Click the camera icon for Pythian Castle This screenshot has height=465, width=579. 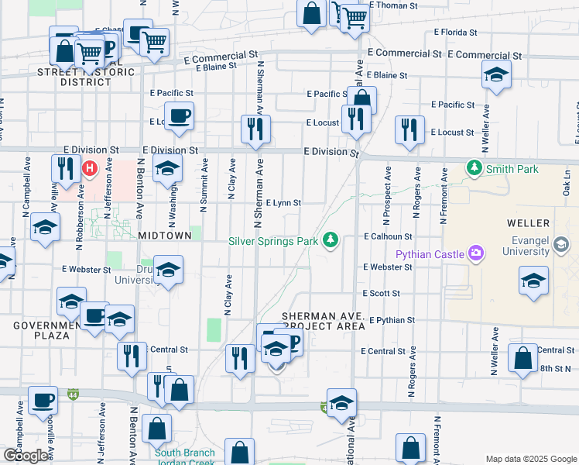click(475, 253)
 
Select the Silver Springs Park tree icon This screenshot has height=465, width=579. click(331, 240)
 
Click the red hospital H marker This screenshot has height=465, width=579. click(91, 167)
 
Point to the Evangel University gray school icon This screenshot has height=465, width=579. click(562, 246)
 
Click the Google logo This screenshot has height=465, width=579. click(26, 456)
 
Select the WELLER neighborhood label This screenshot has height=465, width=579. click(528, 223)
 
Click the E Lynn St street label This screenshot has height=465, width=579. click(283, 203)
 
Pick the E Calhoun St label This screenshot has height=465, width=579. click(389, 236)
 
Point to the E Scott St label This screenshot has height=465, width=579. click(381, 294)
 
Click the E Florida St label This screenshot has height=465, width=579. click(455, 33)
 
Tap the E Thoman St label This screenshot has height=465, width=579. click(393, 5)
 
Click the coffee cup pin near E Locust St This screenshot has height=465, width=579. click(179, 116)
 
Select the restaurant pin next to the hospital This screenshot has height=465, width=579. click(66, 169)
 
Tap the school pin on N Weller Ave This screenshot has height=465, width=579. click(495, 76)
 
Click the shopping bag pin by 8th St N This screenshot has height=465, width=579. click(523, 358)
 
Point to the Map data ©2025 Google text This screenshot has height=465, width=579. click(529, 459)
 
